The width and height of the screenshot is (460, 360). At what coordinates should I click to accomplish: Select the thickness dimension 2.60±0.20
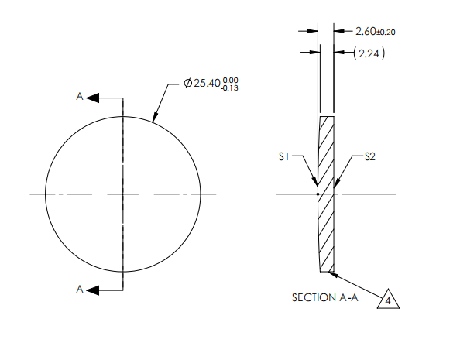pos(376,32)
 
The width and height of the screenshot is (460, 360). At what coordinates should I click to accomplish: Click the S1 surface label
pos(283,156)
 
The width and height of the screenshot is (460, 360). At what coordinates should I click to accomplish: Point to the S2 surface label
pos(369,156)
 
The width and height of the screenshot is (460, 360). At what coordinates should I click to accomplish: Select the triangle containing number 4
pos(388,298)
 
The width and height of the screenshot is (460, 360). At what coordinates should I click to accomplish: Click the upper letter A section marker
pos(79,97)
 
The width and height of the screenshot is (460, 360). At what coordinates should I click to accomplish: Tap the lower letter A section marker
pos(79,289)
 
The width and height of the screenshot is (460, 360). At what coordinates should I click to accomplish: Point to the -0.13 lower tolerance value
pos(229,87)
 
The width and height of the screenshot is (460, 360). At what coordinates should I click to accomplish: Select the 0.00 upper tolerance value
pos(231,79)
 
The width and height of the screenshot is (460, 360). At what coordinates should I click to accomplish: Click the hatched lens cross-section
pos(326,194)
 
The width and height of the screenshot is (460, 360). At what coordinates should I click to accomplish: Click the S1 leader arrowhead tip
pos(317,190)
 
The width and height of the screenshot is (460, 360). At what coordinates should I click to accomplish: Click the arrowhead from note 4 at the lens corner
pos(332,272)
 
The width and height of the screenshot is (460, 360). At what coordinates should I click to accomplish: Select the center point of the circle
pos(122,194)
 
